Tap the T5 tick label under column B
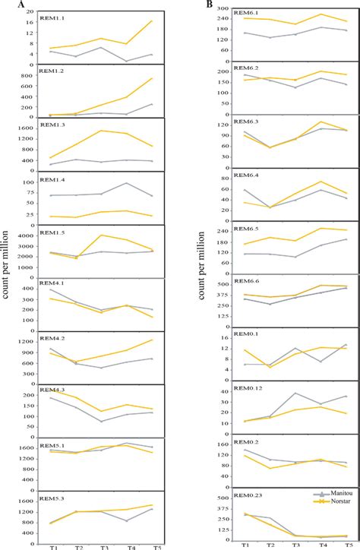(346, 545)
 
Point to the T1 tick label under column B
(245, 545)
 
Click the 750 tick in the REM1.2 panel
(29, 78)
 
